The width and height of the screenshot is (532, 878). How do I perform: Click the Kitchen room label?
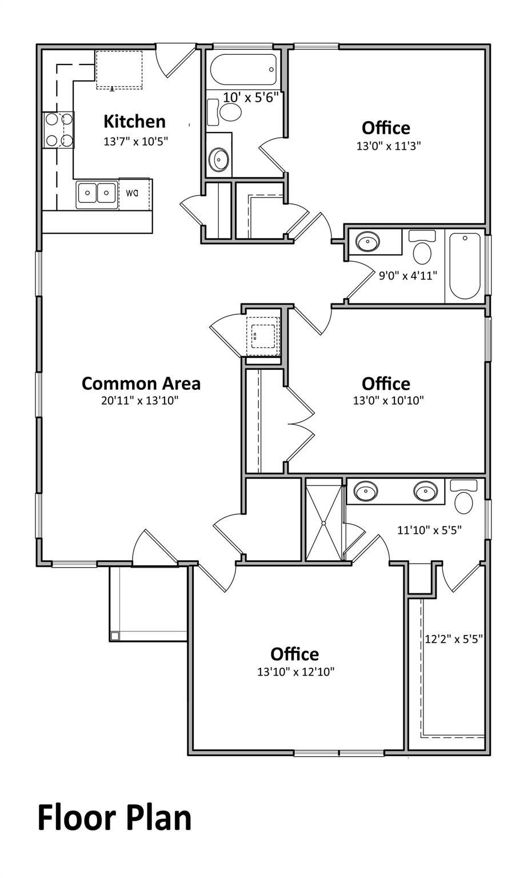point(134,122)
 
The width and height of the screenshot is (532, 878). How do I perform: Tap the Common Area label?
point(141,383)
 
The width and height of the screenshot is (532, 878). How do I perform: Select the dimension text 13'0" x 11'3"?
point(388,146)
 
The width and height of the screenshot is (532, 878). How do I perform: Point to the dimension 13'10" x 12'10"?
point(296,672)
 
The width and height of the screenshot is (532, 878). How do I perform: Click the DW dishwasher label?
point(132,193)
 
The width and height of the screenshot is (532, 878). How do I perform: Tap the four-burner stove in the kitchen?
point(59,129)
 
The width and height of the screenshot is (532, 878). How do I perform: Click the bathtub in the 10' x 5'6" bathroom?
point(243,69)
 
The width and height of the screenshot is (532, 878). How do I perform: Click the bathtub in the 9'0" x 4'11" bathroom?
point(465,266)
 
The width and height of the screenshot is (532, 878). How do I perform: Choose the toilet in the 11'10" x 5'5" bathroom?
point(464,497)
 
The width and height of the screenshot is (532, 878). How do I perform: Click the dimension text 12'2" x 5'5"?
point(454,639)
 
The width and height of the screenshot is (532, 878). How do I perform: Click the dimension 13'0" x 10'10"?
point(388,400)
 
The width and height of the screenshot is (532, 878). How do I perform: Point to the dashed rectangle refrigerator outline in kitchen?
point(119,70)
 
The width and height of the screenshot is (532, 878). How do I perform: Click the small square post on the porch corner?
point(115,636)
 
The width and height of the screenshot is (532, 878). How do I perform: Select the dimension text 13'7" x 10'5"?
point(135,141)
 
